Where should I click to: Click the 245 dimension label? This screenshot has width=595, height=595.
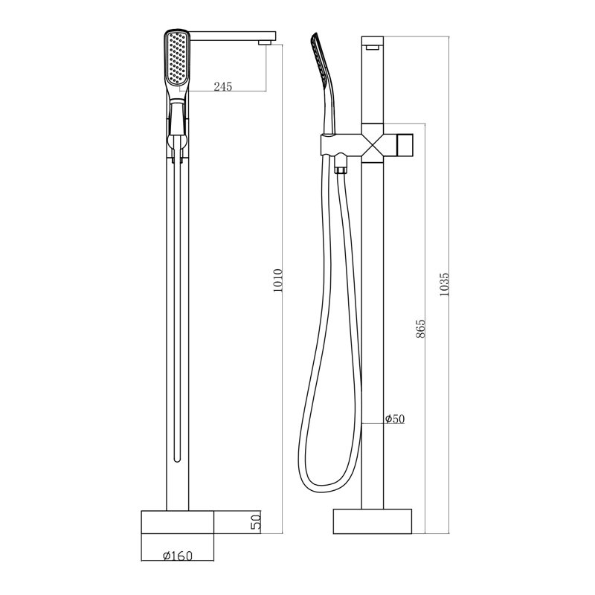(x=222, y=86)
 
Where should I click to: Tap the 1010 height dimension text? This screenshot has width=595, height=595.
(x=278, y=280)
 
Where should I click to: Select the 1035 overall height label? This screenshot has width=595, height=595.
(x=444, y=284)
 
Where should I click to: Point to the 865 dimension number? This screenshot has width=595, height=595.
(x=421, y=329)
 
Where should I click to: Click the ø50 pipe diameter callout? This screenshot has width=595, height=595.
(x=395, y=419)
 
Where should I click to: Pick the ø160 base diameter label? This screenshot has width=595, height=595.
(x=178, y=556)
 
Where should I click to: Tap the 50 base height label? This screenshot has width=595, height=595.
(x=256, y=522)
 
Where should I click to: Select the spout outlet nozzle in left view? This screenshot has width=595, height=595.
(x=265, y=43)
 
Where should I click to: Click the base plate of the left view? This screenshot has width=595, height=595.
(x=178, y=522)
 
